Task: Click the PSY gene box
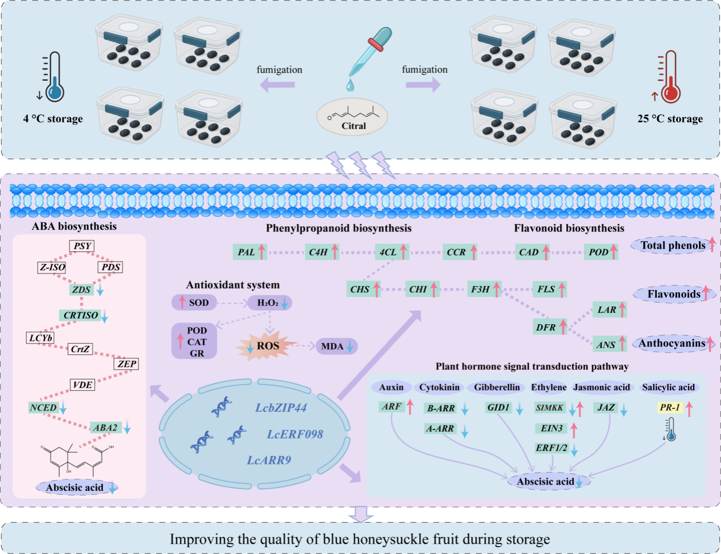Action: pyautogui.click(x=82, y=246)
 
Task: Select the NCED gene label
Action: pyautogui.click(x=43, y=408)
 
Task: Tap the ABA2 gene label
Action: pyautogui.click(x=105, y=428)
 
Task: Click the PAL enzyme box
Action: pyautogui.click(x=246, y=252)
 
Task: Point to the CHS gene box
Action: pyautogui.click(x=360, y=289)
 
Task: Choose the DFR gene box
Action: pyautogui.click(x=546, y=327)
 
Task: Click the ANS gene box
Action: pyautogui.click(x=606, y=344)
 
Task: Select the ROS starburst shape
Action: pyautogui.click(x=268, y=346)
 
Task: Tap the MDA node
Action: pyautogui.click(x=333, y=346)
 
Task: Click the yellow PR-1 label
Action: pyautogui.click(x=670, y=407)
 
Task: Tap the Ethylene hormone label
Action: pyautogui.click(x=549, y=387)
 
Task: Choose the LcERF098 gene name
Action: pyautogui.click(x=295, y=435)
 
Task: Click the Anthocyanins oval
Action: pyautogui.click(x=672, y=344)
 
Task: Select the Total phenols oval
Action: pyautogui.click(x=673, y=246)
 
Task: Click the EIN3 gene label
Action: pyautogui.click(x=552, y=428)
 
